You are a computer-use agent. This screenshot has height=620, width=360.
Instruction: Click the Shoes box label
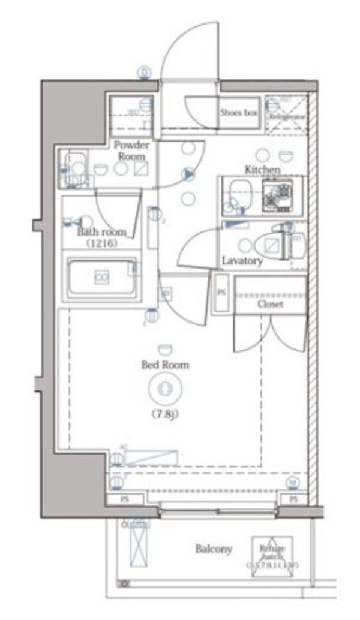[238, 112]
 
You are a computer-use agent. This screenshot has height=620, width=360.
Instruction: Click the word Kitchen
[262, 170]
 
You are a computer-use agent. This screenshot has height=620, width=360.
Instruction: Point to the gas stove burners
[277, 194]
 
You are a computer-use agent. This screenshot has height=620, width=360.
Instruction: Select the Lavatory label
[242, 261]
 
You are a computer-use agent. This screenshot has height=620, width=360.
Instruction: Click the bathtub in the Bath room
[100, 278]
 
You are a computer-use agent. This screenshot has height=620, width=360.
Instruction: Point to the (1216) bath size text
[101, 243]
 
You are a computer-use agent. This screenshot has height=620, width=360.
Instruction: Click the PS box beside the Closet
[221, 293]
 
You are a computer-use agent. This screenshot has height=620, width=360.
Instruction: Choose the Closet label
[270, 304]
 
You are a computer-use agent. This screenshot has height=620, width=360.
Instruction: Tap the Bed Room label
[165, 365]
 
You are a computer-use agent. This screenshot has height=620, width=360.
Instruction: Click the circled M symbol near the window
[292, 482]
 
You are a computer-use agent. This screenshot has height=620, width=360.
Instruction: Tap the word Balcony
[214, 549]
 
